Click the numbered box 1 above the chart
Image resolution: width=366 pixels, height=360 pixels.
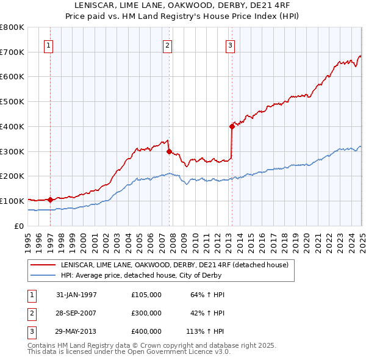tap(48, 45)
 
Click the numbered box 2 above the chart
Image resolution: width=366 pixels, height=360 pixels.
tap(167, 45)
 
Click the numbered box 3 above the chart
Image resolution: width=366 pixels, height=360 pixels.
tap(230, 45)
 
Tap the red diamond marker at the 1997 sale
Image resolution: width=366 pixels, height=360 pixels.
tap(50, 199)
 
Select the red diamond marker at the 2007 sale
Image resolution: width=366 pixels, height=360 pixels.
tap(169, 151)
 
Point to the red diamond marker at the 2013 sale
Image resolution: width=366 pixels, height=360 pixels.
tap(232, 126)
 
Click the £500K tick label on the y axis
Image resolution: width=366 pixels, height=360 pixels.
tap(12, 101)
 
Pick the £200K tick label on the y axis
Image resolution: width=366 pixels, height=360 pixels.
tap(12, 176)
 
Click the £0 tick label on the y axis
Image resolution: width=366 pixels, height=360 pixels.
tap(18, 226)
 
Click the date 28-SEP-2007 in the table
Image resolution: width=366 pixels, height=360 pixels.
tap(76, 313)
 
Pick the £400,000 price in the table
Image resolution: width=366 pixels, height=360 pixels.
tap(146, 331)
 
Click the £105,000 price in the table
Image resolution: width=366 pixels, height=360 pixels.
tap(146, 295)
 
